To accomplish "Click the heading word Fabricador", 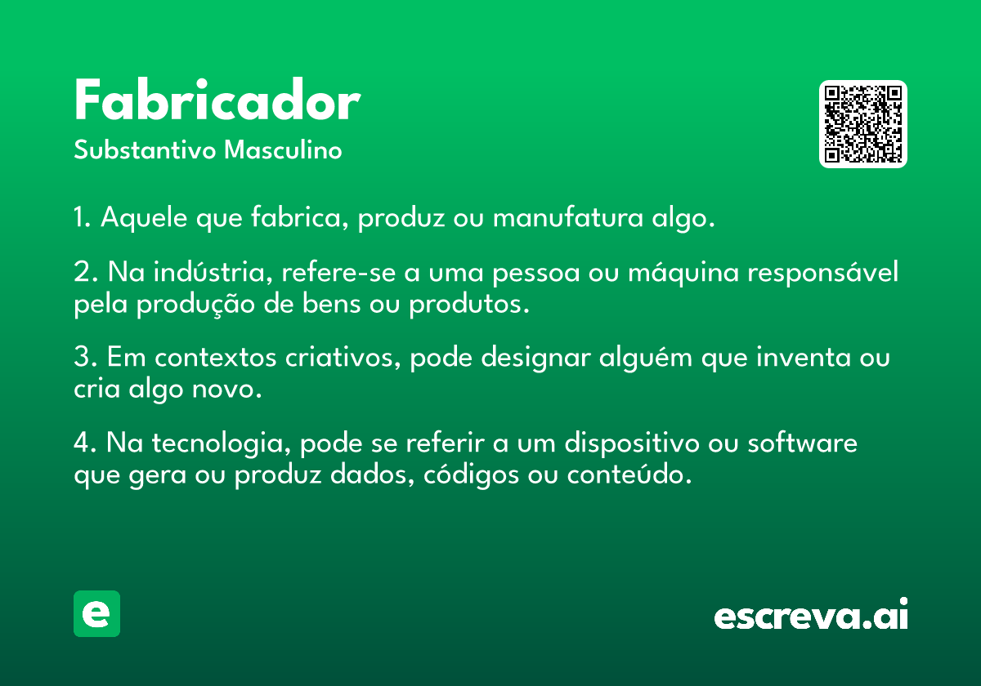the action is (217, 100).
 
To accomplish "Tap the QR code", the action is (862, 124).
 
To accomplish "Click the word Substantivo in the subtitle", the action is (145, 149).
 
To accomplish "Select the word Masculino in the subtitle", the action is (283, 149).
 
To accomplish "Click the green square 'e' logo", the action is (96, 613).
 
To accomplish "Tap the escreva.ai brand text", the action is (811, 613).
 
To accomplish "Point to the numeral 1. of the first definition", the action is (83, 216).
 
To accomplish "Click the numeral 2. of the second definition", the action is (86, 272).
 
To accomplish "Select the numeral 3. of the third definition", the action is (86, 357).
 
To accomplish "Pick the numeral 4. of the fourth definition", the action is (85, 443).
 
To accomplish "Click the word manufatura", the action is (568, 216).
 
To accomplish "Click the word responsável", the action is (823, 273).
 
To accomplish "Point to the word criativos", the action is (343, 357).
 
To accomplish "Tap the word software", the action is (802, 442).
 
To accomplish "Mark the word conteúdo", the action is (629, 474).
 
